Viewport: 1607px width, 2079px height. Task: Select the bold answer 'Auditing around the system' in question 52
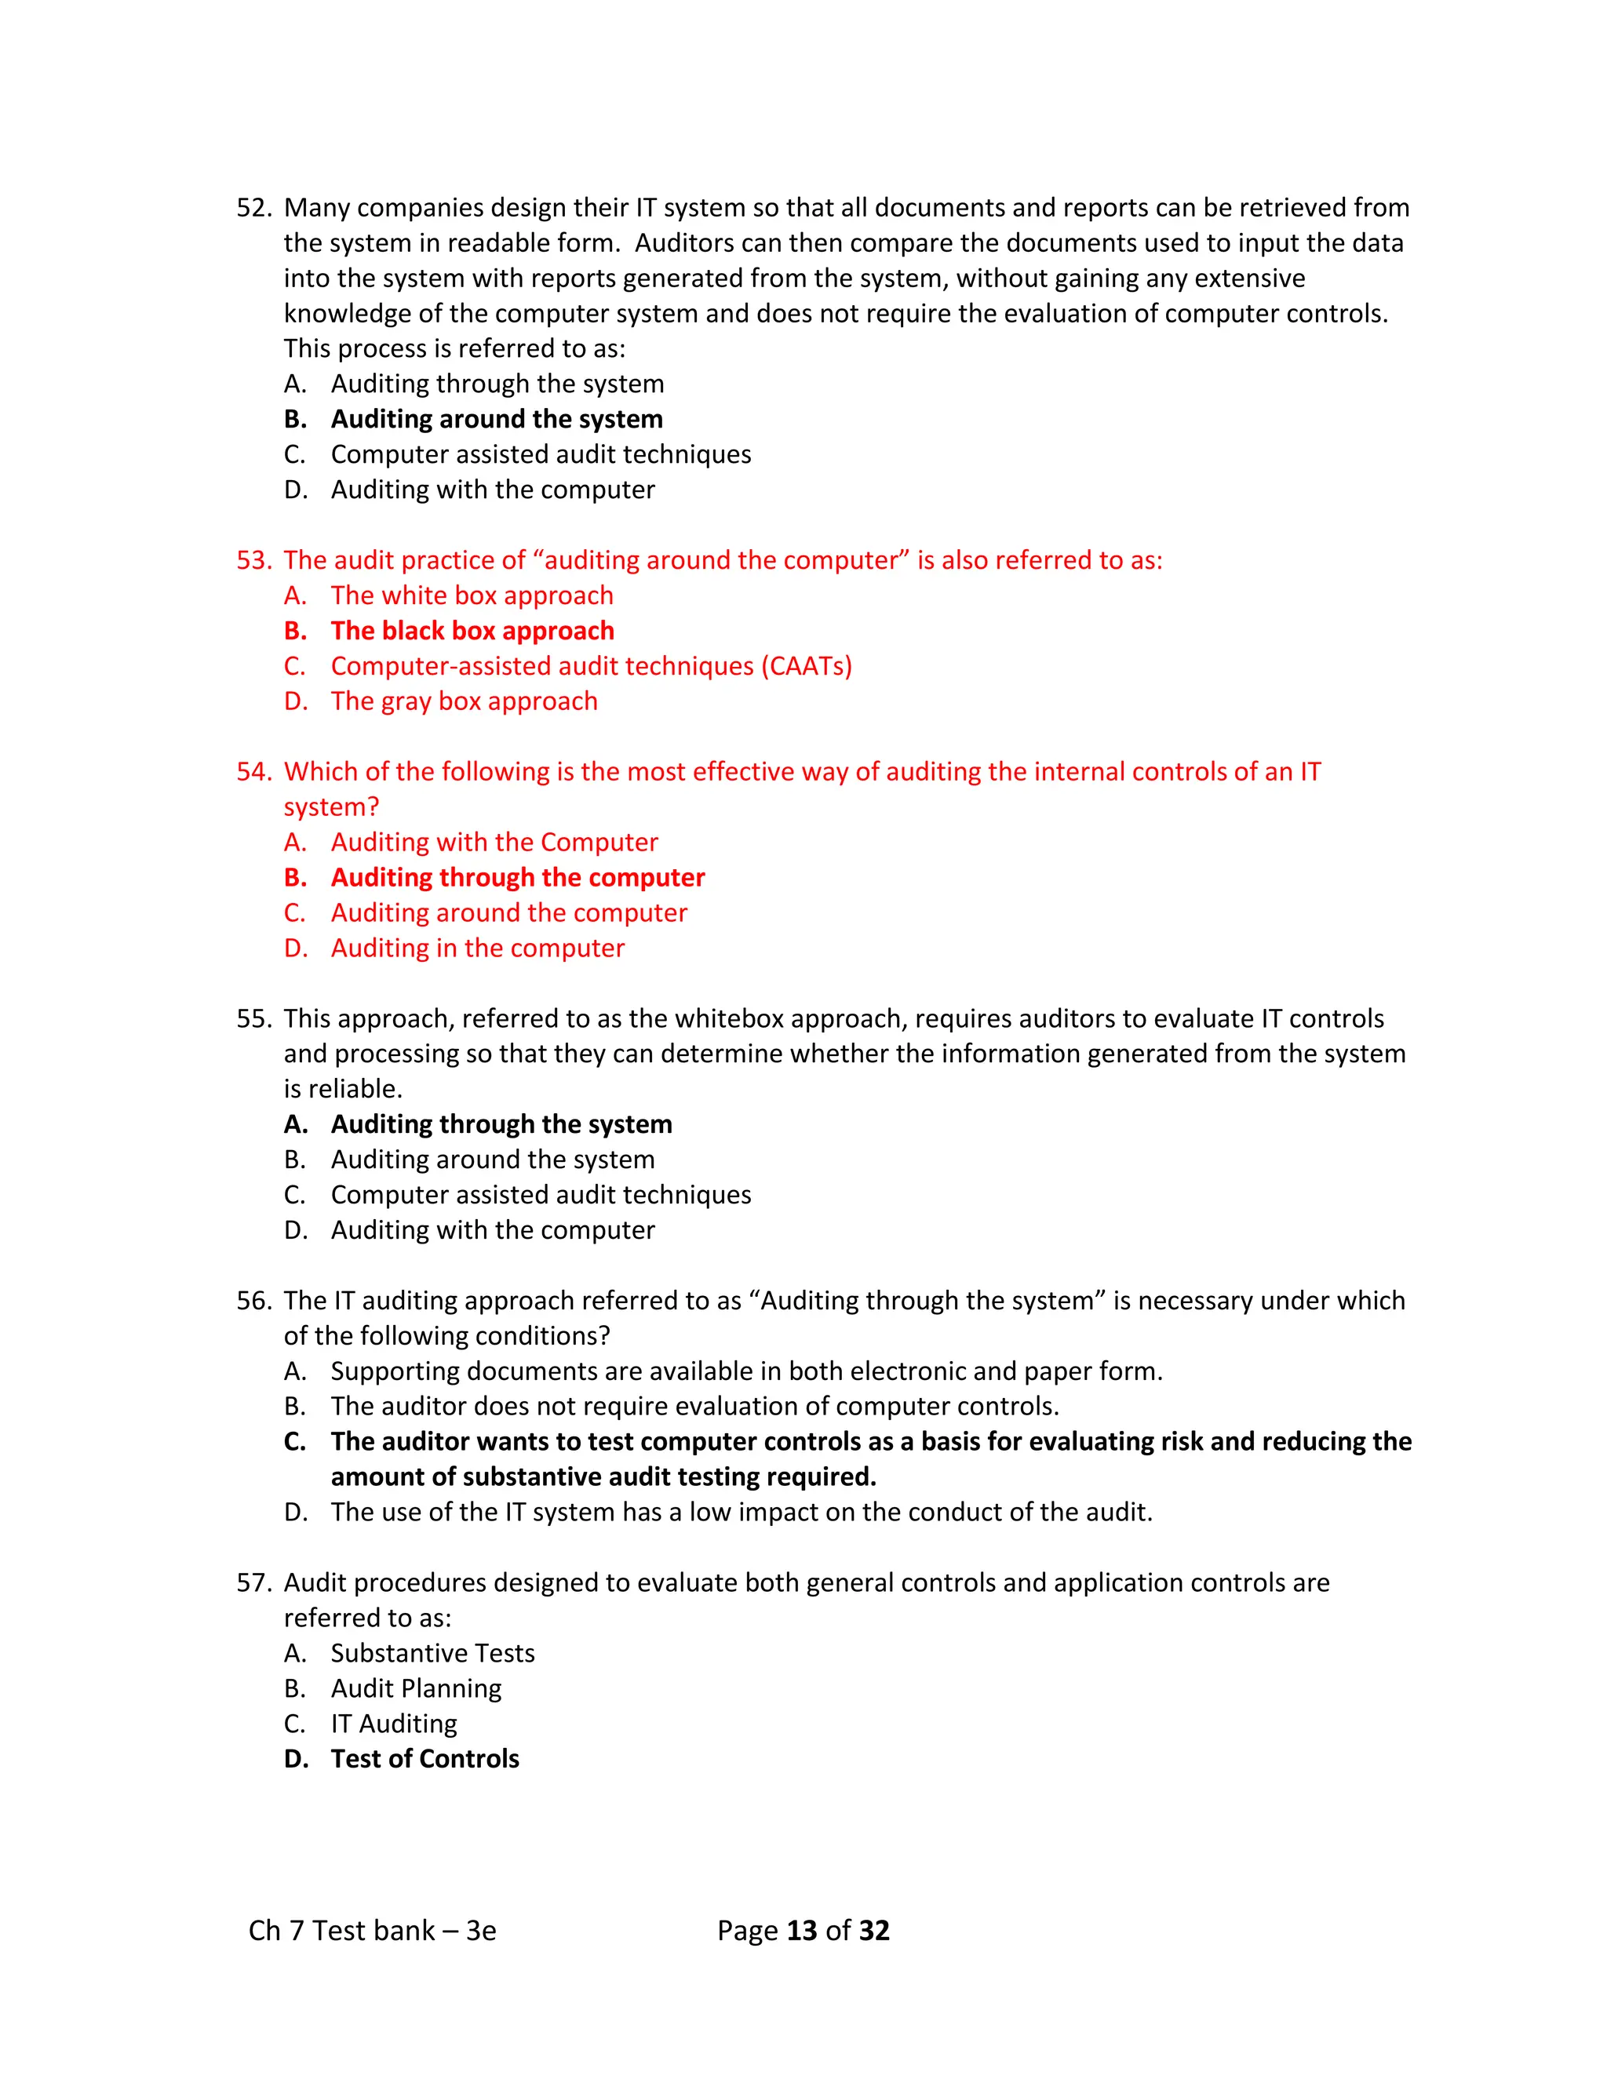(496, 419)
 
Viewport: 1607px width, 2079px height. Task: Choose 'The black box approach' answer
(472, 630)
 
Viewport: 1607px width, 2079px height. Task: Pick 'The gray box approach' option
(464, 701)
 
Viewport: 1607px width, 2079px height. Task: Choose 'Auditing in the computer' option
(477, 948)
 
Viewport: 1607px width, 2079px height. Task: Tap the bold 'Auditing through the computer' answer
(517, 878)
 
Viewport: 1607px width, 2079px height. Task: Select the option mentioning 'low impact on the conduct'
(741, 1512)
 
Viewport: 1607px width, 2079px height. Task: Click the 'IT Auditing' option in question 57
(393, 1723)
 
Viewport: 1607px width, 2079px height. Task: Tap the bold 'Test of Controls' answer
(425, 1758)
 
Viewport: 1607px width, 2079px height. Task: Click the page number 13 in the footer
(802, 1931)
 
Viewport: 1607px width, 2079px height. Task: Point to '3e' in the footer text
(481, 1931)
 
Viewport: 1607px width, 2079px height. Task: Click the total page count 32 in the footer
(874, 1931)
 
